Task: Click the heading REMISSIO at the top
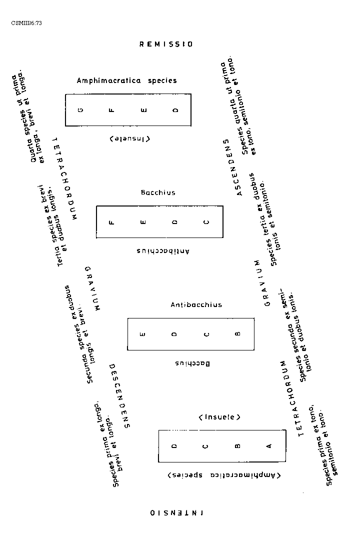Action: coord(165,44)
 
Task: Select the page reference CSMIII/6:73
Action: coord(26,23)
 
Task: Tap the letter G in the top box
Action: coord(80,110)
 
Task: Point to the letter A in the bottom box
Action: coord(269,446)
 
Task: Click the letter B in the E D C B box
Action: coord(237,334)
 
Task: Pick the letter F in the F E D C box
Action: coord(111,222)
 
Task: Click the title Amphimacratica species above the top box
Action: coord(126,80)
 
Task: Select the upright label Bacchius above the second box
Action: coord(158,192)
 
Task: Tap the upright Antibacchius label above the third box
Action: coord(196,304)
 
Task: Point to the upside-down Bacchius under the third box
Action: coord(193,363)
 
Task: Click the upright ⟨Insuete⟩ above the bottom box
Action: coord(219,416)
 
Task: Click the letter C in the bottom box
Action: coord(206,446)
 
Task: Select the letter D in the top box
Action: coord(175,110)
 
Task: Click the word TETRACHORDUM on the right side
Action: coord(291,398)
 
